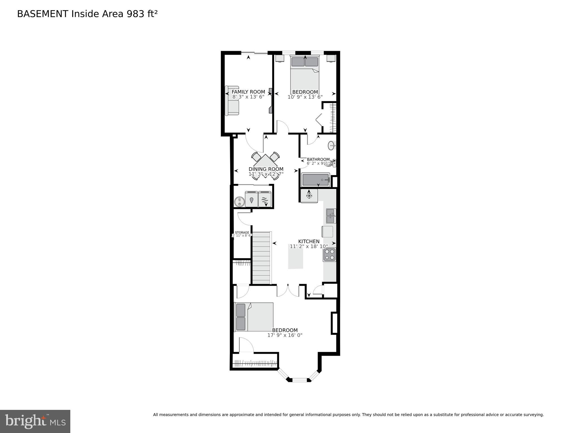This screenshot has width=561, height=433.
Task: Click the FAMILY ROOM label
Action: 248,92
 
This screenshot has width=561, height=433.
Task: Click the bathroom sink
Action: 331,146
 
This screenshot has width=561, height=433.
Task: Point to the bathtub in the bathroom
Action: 315,180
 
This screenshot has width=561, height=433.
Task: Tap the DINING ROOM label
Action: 266,169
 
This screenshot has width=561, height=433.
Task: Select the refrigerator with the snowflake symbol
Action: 309,195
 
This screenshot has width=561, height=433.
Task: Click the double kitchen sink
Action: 331,216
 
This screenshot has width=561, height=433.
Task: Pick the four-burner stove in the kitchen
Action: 329,255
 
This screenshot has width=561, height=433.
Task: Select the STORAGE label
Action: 242,233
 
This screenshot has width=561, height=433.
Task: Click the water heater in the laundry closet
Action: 239,201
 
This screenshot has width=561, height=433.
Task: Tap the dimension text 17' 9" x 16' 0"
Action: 285,335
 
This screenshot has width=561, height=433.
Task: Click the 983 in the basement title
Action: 136,14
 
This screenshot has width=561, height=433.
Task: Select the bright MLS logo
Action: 35,421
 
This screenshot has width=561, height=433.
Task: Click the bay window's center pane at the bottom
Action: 299,380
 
